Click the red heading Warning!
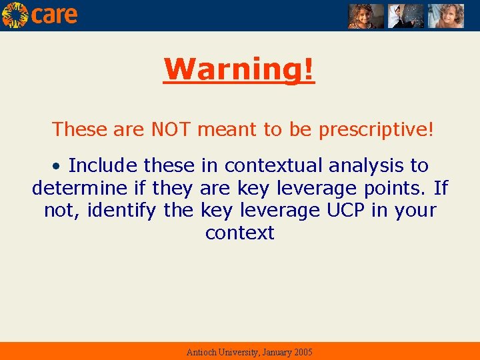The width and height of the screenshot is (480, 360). coord(239,69)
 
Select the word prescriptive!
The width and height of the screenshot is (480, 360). coord(376,129)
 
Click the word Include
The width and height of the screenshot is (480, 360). coord(103,165)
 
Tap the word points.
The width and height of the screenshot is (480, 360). coord(395,189)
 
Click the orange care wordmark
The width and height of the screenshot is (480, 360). coord(54,15)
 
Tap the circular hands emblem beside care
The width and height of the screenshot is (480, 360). coord(15,15)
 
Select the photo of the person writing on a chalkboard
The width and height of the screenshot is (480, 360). coord(406,15)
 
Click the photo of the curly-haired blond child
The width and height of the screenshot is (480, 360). coord(445,15)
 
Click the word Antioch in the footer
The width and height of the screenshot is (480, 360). coord(201,352)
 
